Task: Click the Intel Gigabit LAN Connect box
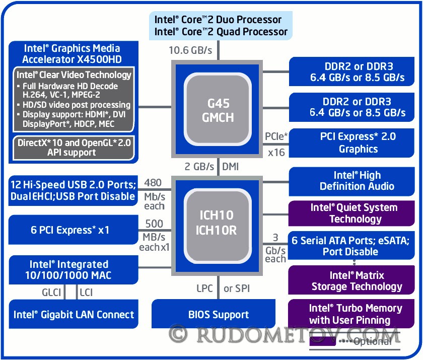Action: point(74,315)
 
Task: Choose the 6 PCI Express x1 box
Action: point(74,230)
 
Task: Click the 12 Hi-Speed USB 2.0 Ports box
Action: point(74,190)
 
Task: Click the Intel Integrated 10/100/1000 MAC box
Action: point(74,270)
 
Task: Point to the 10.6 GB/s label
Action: point(190,50)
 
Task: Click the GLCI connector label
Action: point(51,291)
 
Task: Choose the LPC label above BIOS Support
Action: point(204,289)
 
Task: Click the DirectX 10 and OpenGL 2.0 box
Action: point(74,147)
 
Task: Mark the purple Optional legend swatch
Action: point(323,341)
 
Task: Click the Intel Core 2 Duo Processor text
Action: point(218,20)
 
